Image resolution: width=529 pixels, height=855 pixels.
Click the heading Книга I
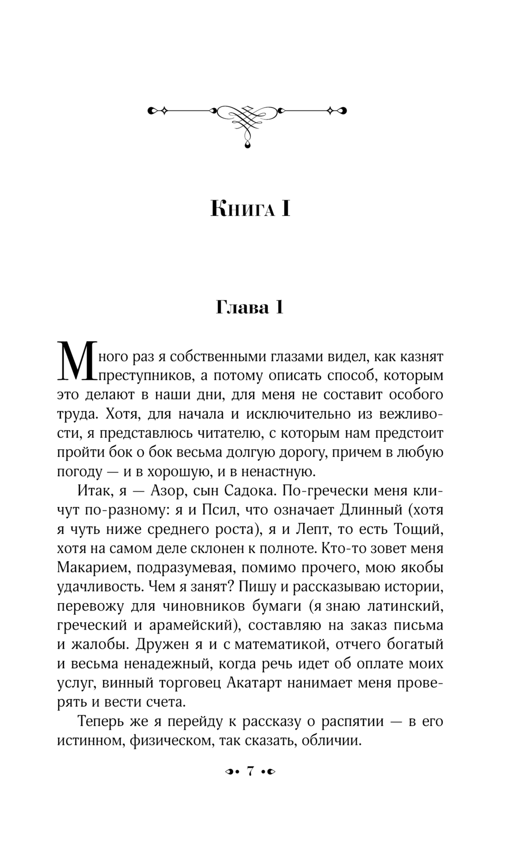coord(250,208)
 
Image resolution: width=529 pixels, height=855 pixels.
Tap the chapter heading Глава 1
coord(250,307)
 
